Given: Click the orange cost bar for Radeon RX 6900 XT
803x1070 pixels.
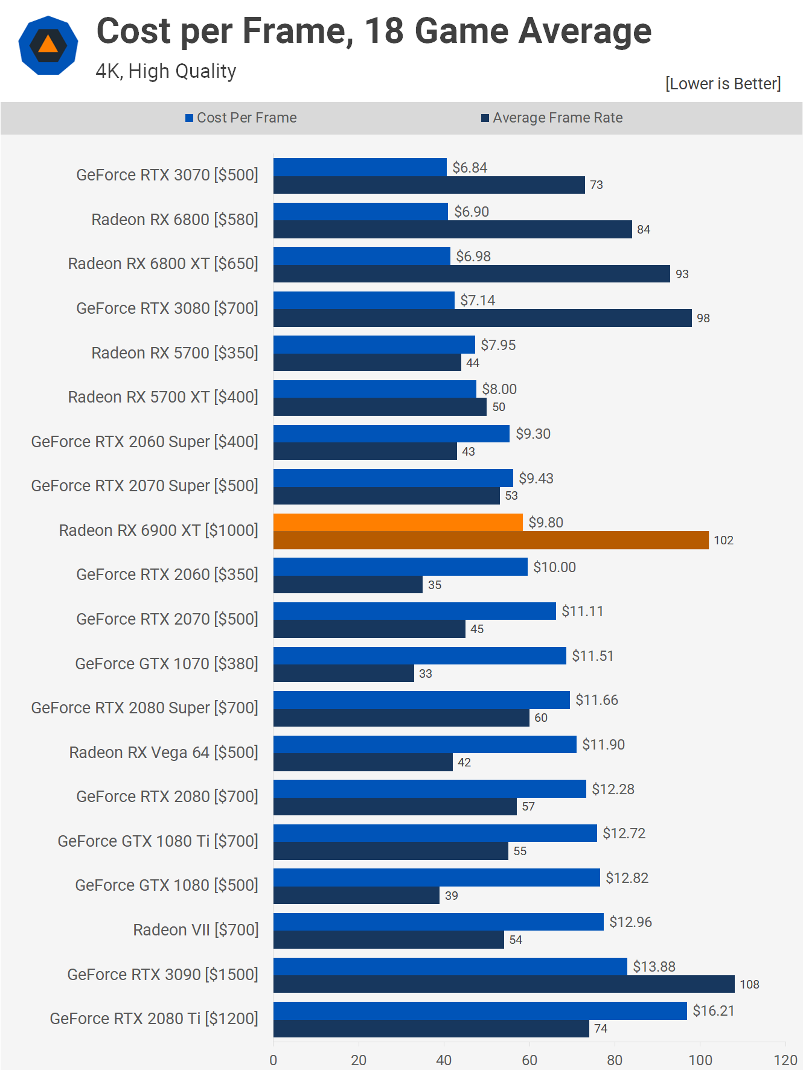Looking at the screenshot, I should (398, 523).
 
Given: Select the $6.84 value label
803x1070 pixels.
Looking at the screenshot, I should (470, 168).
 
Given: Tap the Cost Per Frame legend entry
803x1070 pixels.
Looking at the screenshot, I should (241, 118).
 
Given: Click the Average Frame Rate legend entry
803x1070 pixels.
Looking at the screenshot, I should (552, 118).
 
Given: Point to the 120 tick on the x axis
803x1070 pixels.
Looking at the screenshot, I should (785, 1060).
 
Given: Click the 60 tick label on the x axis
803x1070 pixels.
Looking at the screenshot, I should (529, 1060).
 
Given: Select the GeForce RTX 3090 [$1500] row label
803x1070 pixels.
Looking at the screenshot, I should (162, 975).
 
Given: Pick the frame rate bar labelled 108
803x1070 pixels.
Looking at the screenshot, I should (504, 984).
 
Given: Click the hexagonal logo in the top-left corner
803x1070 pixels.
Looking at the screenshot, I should (48, 46).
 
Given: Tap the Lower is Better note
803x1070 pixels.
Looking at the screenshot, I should (723, 84).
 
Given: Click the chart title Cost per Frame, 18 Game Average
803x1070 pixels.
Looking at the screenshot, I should (374, 31).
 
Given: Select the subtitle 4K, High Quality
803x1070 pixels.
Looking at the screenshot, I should (166, 71).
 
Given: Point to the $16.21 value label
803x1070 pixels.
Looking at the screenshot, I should (714, 1011).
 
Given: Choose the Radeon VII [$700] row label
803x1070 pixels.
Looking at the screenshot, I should (196, 930).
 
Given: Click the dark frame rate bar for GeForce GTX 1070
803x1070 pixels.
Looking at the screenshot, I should (344, 674).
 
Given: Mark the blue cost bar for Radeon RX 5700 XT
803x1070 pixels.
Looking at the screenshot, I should (374, 389).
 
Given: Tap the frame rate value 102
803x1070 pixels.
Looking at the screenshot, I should (723, 540).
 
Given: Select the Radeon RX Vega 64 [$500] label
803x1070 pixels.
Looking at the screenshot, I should (164, 753).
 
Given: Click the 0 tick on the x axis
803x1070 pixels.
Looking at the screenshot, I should (274, 1060).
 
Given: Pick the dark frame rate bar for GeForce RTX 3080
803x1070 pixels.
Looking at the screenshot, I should (482, 318).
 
